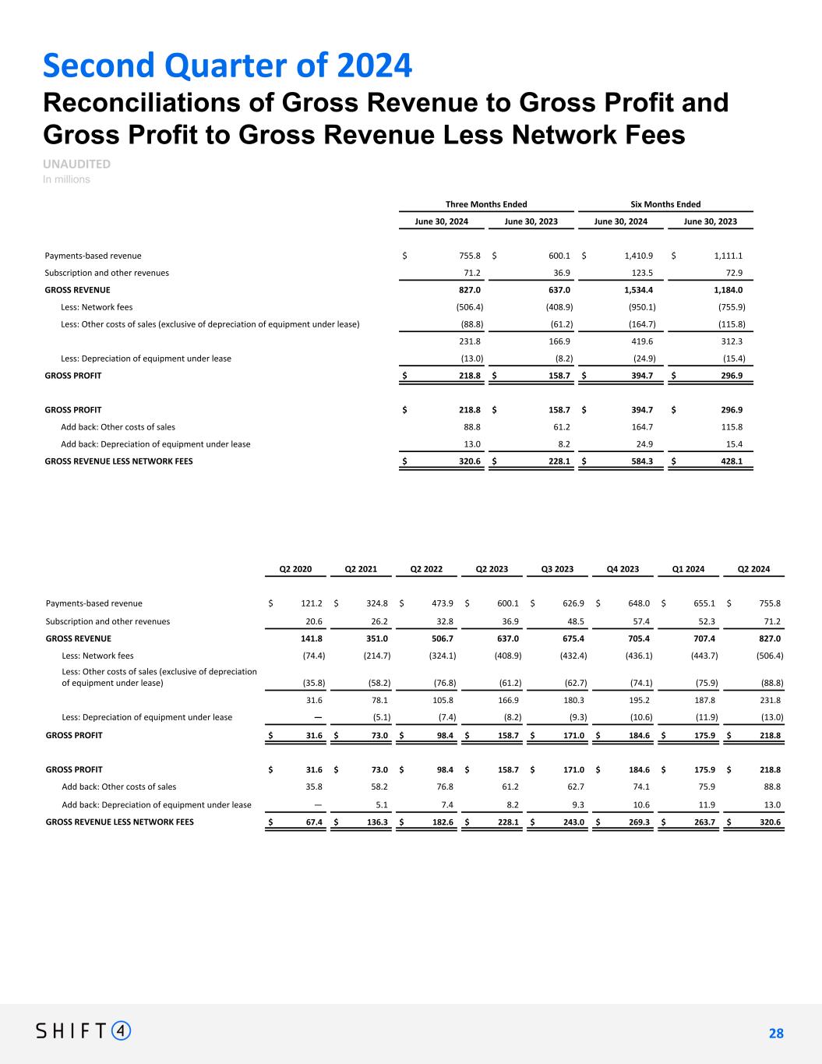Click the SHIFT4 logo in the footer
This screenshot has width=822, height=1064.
click(x=83, y=1030)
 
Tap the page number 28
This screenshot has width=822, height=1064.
click(x=776, y=1034)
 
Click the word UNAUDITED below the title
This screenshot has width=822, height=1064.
click(x=76, y=164)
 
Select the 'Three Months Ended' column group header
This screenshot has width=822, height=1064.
click(x=486, y=204)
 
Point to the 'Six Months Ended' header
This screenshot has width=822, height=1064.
click(x=665, y=204)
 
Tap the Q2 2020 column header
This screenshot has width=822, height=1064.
click(x=295, y=569)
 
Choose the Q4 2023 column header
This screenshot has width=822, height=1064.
click(x=623, y=569)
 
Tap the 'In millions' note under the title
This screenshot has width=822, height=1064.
click(x=66, y=179)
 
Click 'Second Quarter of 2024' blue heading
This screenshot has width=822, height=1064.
click(x=227, y=65)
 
